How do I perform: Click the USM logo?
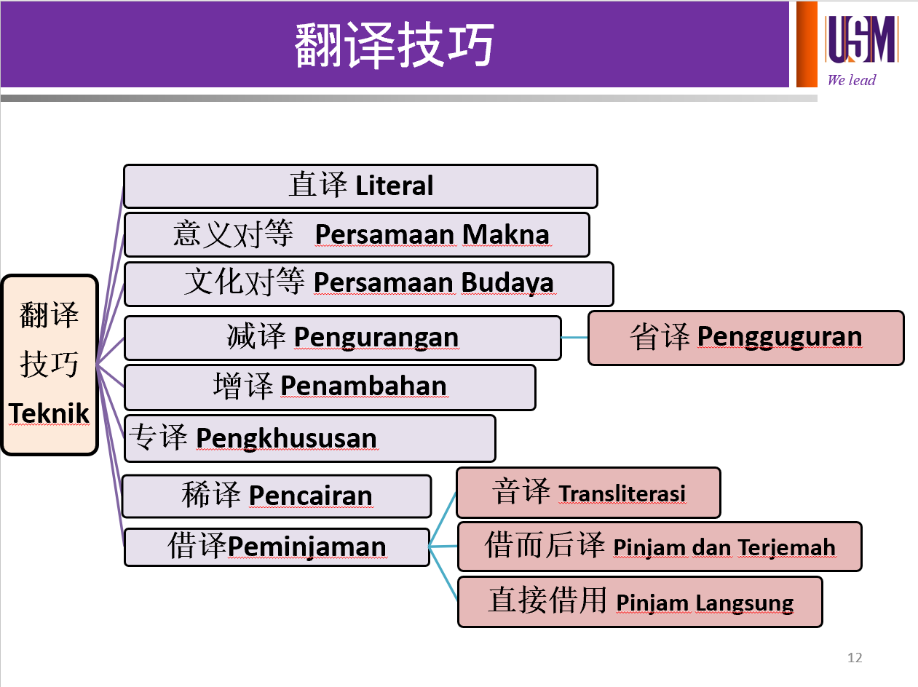pyautogui.click(x=861, y=39)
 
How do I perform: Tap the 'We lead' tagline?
pyautogui.click(x=852, y=80)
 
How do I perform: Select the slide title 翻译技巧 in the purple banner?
pyautogui.click(x=395, y=44)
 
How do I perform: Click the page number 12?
pyautogui.click(x=855, y=658)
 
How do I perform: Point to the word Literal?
pyautogui.click(x=395, y=186)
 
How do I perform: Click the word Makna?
pyautogui.click(x=506, y=234)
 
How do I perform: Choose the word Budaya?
pyautogui.click(x=507, y=283)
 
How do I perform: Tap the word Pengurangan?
pyautogui.click(x=376, y=338)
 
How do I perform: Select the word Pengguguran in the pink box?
pyautogui.click(x=780, y=337)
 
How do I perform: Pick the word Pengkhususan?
pyautogui.click(x=287, y=439)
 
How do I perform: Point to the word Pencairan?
pyautogui.click(x=310, y=496)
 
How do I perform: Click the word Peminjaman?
pyautogui.click(x=306, y=547)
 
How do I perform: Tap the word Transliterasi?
pyautogui.click(x=622, y=493)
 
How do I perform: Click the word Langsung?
pyautogui.click(x=744, y=603)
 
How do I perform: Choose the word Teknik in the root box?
pyautogui.click(x=49, y=413)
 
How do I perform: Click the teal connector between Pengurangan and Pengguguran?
pyautogui.click(x=574, y=337)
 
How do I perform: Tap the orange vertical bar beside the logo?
pyautogui.click(x=807, y=44)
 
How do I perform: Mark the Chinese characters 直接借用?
pyautogui.click(x=547, y=600)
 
